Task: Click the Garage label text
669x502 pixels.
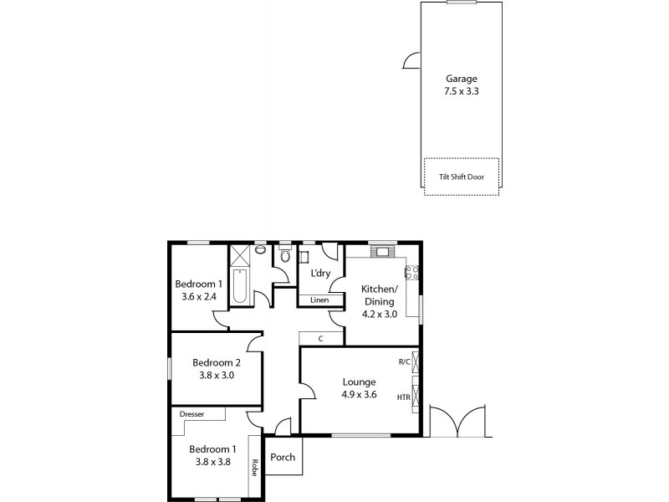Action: tap(462, 79)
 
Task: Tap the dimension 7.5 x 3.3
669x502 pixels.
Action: tap(462, 92)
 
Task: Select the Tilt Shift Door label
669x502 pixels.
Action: tap(462, 177)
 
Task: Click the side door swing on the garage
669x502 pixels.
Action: tap(411, 60)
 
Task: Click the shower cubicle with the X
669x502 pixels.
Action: tap(240, 255)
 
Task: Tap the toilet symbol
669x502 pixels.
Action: tap(284, 255)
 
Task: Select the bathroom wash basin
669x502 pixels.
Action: tap(260, 249)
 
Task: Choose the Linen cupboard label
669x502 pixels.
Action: tap(319, 300)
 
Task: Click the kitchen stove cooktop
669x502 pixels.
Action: tap(411, 272)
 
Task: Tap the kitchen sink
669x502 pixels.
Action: tap(383, 251)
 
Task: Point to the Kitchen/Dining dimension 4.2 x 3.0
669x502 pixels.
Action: tap(378, 314)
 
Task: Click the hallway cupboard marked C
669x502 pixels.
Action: tap(321, 338)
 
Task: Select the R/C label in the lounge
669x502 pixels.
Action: tap(404, 362)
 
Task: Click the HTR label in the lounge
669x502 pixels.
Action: tap(403, 397)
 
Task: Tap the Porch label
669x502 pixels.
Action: tap(283, 458)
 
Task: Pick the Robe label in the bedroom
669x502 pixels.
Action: tap(254, 467)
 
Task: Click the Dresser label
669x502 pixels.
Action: tap(192, 413)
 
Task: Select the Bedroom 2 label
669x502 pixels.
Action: tap(217, 362)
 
